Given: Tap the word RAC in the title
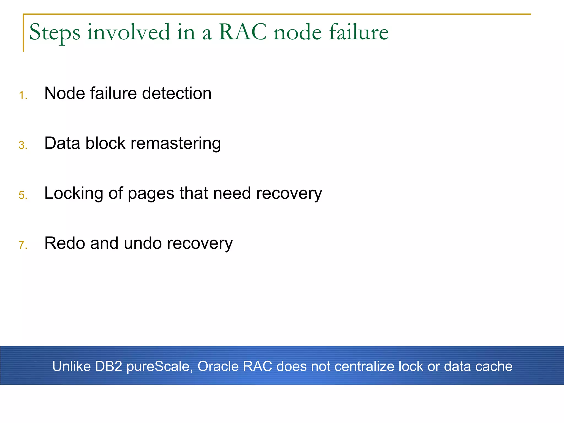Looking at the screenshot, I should point(242,32).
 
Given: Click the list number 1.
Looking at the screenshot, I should point(23,96).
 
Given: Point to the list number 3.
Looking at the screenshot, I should point(23,145).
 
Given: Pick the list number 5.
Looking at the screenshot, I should point(23,195).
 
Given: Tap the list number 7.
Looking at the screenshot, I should point(23,245).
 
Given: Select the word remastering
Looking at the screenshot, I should point(175,144).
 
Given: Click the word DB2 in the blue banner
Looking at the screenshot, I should point(108,366).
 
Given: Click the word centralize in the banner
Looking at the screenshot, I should point(363,366).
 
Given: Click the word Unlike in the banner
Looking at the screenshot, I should point(71,366).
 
